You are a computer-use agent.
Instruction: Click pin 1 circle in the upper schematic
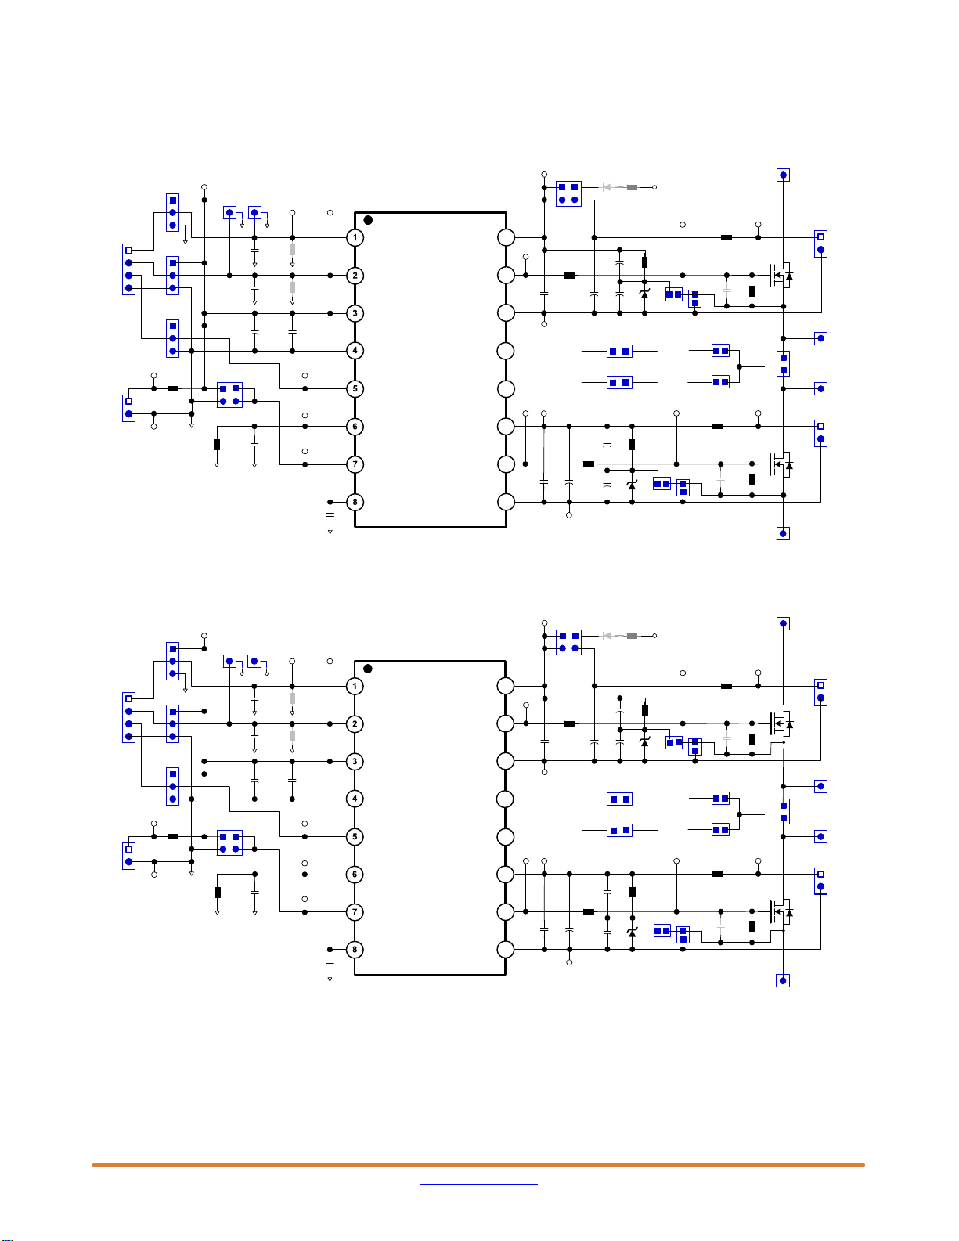(x=355, y=237)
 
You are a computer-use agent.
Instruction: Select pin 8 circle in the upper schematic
(x=355, y=502)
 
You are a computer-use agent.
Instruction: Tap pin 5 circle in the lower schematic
(x=355, y=837)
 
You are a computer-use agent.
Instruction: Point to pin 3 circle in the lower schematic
(x=355, y=761)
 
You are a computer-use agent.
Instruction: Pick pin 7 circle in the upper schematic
(x=355, y=464)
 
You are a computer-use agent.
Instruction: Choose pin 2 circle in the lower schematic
(x=355, y=723)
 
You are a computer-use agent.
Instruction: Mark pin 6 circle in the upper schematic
(x=355, y=427)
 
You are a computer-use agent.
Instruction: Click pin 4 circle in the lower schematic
(x=355, y=799)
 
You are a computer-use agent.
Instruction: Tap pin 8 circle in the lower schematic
(x=355, y=949)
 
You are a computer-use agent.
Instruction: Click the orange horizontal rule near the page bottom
(x=478, y=1165)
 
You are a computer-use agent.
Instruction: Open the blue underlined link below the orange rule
(x=478, y=1184)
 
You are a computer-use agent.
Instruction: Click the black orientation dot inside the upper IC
(x=368, y=220)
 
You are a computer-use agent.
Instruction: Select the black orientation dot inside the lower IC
(x=368, y=668)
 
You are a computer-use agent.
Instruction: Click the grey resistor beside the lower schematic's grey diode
(x=632, y=636)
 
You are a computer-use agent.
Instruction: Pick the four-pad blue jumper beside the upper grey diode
(x=568, y=193)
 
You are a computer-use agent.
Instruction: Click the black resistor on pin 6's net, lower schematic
(x=218, y=893)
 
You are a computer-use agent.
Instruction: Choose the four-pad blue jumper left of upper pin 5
(x=229, y=395)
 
